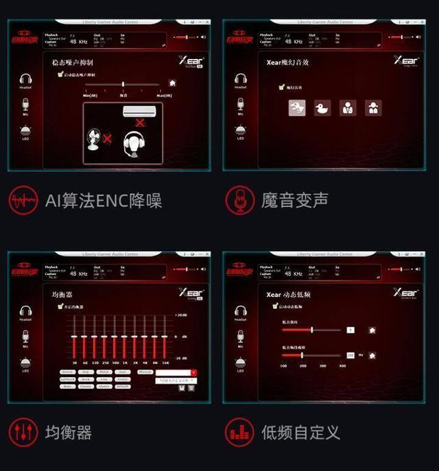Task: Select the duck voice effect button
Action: tap(322, 108)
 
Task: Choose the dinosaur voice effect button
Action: tap(297, 108)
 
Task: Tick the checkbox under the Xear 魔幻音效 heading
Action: tap(281, 87)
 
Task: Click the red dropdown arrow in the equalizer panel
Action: tap(193, 372)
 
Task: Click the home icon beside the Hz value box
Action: tap(372, 355)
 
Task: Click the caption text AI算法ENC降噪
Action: tap(103, 200)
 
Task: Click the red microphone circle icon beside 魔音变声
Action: tap(239, 200)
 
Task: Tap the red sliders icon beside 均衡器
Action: tap(23, 433)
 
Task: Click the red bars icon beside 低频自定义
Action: tap(239, 433)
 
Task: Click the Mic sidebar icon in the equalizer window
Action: tap(25, 336)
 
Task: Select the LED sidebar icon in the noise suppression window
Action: tap(25, 132)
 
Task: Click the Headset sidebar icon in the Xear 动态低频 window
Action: tap(241, 311)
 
